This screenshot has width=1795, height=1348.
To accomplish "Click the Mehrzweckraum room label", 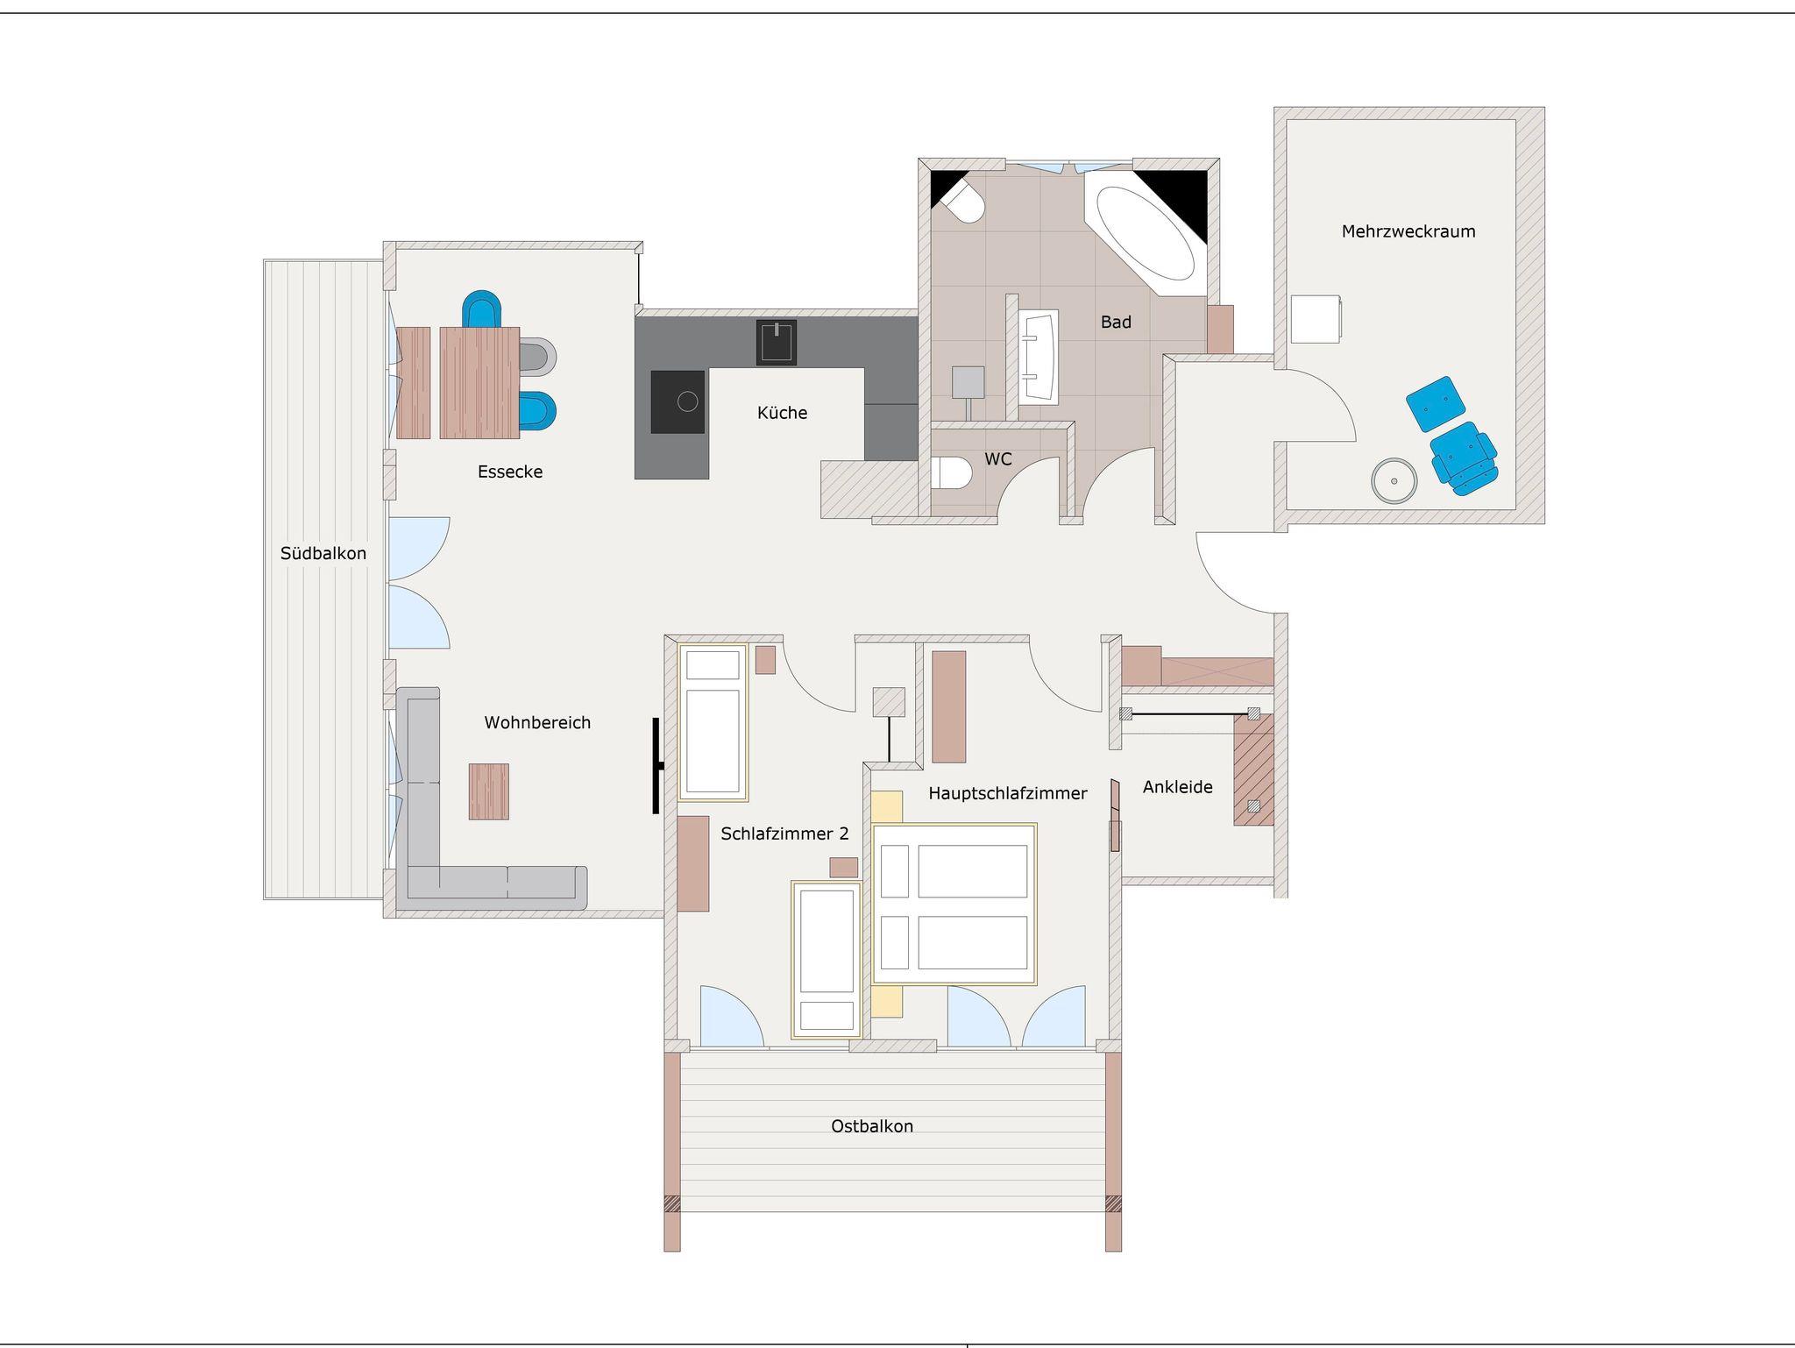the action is point(1408,231).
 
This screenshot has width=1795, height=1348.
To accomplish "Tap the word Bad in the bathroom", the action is point(1116,323).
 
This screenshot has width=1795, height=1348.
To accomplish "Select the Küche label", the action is point(782,413).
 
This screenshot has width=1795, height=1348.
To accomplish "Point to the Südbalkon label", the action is point(323,553).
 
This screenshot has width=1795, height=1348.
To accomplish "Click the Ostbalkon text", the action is point(872,1126).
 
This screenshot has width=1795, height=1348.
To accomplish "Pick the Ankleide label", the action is point(1178,787).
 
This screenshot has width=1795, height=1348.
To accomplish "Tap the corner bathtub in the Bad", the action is point(1146,232).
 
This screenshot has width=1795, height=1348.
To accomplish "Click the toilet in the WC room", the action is point(951,474).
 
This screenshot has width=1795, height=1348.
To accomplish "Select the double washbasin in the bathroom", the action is point(1039,357).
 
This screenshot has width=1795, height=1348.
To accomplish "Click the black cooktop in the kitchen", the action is point(678,401).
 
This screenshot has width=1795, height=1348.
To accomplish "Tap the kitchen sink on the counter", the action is point(777,343).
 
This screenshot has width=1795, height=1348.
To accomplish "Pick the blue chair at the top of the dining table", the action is point(483,309).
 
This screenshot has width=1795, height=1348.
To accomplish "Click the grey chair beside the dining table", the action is point(537,357).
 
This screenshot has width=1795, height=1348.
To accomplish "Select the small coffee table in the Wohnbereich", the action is point(488,791).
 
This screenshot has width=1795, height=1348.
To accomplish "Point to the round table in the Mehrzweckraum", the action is point(1394,481).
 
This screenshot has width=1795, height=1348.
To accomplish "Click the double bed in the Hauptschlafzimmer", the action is point(954,905).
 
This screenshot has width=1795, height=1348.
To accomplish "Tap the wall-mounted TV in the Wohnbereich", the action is point(656,766).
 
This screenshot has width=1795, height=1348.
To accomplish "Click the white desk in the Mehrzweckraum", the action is point(1316,319).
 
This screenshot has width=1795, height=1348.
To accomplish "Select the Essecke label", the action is point(510,472).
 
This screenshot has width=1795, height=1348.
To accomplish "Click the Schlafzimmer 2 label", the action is point(784,834).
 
